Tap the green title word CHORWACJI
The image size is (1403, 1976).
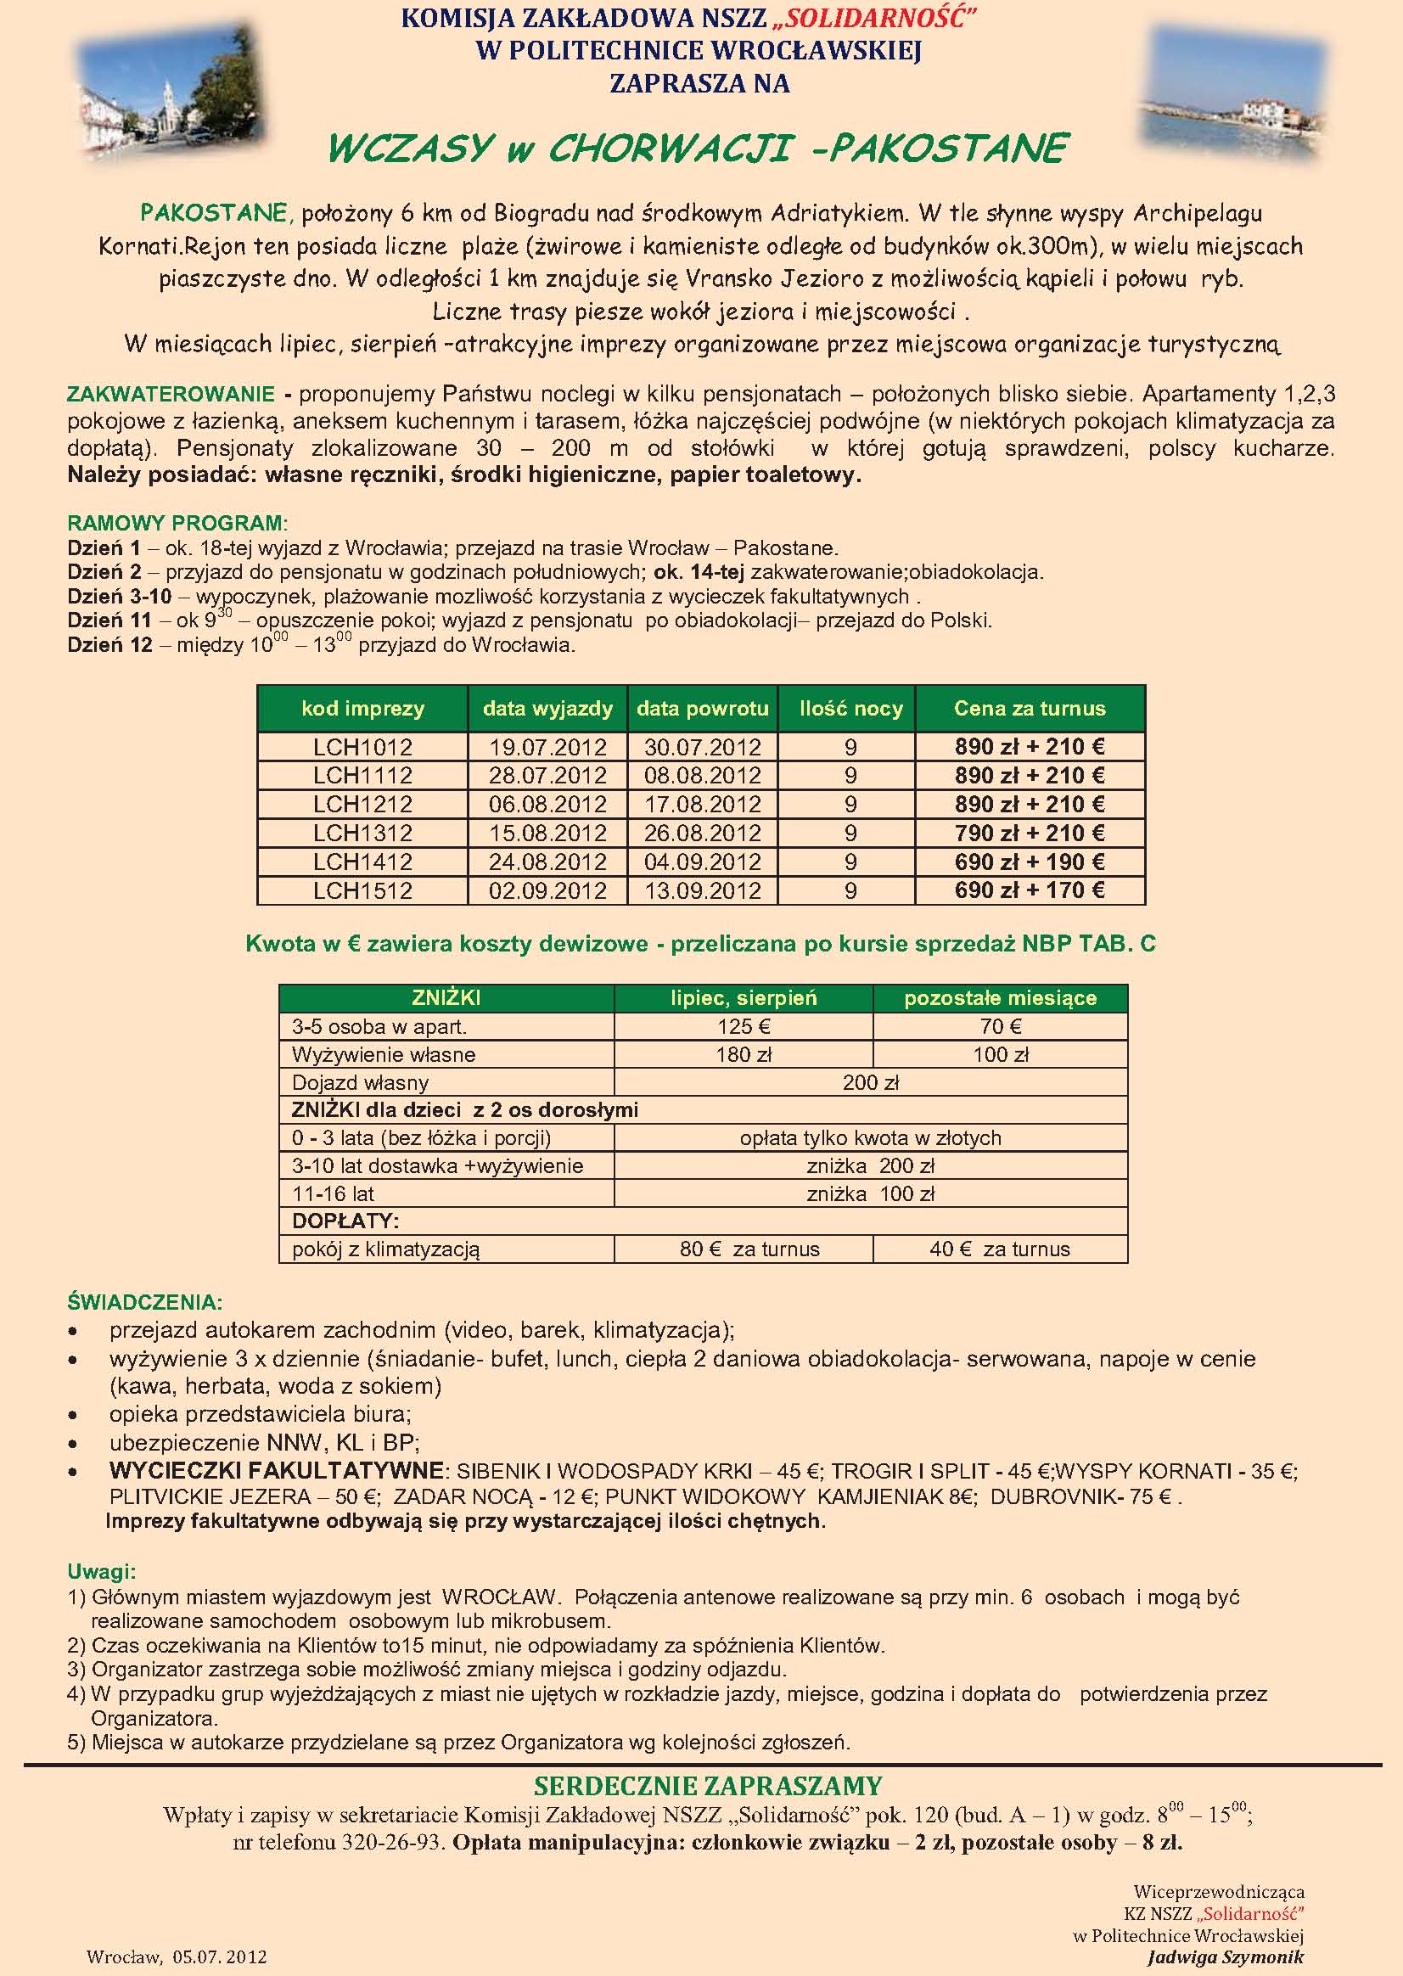pyautogui.click(x=671, y=149)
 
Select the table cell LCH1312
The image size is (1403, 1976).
pyautogui.click(x=363, y=833)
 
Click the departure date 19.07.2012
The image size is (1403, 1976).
pyautogui.click(x=547, y=746)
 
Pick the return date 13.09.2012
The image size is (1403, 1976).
pyautogui.click(x=703, y=890)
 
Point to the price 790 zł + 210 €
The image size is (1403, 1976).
pyautogui.click(x=1029, y=833)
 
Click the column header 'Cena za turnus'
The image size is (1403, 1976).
pyautogui.click(x=1029, y=709)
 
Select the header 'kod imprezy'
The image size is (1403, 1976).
pyautogui.click(x=363, y=709)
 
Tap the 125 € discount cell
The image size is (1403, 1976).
pyautogui.click(x=744, y=1026)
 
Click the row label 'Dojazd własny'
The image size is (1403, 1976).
pyautogui.click(x=360, y=1082)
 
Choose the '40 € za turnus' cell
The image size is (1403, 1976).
pyautogui.click(x=1000, y=1249)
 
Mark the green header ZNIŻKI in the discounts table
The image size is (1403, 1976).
pyautogui.click(x=446, y=998)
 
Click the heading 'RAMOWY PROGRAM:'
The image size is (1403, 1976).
pyautogui.click(x=178, y=523)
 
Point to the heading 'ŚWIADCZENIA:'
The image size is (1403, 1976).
pyautogui.click(x=145, y=1302)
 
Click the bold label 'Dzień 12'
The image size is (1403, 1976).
pyautogui.click(x=109, y=644)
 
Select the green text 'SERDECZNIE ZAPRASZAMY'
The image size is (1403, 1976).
pyautogui.click(x=708, y=1786)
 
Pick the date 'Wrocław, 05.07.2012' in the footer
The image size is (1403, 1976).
pyautogui.click(x=177, y=1956)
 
